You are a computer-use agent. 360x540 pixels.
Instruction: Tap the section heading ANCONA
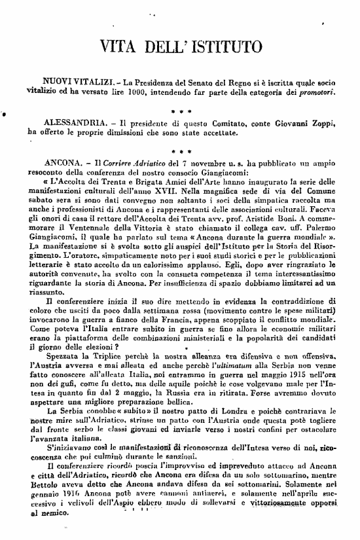point(60,162)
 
